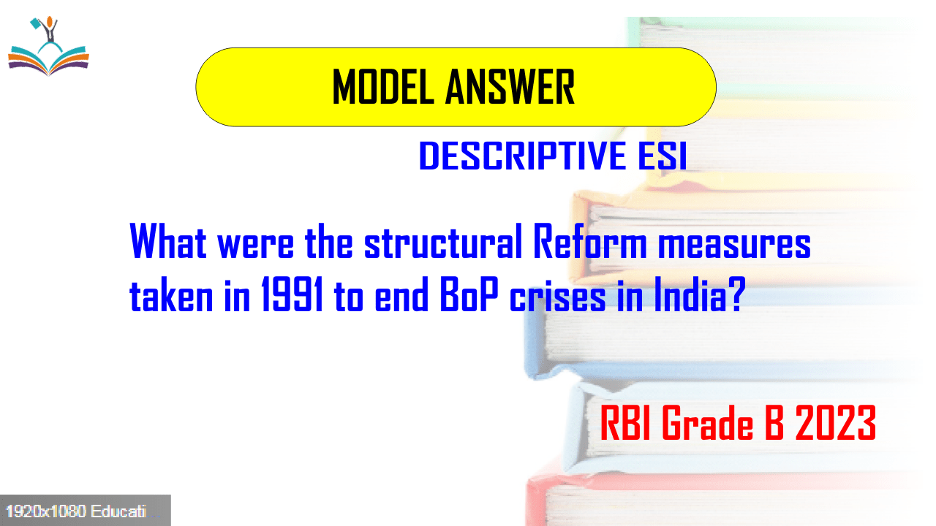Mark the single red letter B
(x=774, y=424)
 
